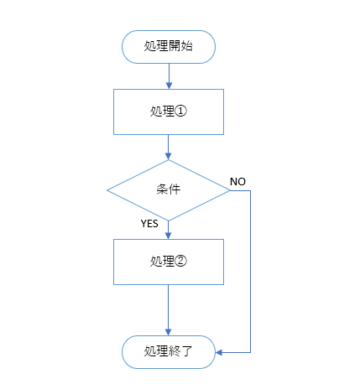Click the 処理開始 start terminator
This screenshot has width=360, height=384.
tap(169, 46)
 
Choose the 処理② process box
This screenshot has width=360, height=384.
tap(169, 261)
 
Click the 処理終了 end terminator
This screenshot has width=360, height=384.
tap(169, 351)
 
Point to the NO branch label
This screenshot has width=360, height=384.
tap(237, 181)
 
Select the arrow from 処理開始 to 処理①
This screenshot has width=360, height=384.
tap(169, 75)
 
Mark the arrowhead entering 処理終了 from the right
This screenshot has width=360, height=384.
tap(220, 351)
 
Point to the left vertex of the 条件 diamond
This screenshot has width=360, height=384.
tap(107, 190)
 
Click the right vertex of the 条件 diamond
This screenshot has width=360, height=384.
tap(230, 190)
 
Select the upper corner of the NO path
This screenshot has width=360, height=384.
tap(250, 190)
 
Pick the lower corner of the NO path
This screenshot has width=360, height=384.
tap(250, 351)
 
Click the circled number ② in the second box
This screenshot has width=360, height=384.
tap(180, 261)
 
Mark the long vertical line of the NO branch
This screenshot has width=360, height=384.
tap(250, 268)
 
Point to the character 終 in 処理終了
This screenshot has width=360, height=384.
tap(175, 351)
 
